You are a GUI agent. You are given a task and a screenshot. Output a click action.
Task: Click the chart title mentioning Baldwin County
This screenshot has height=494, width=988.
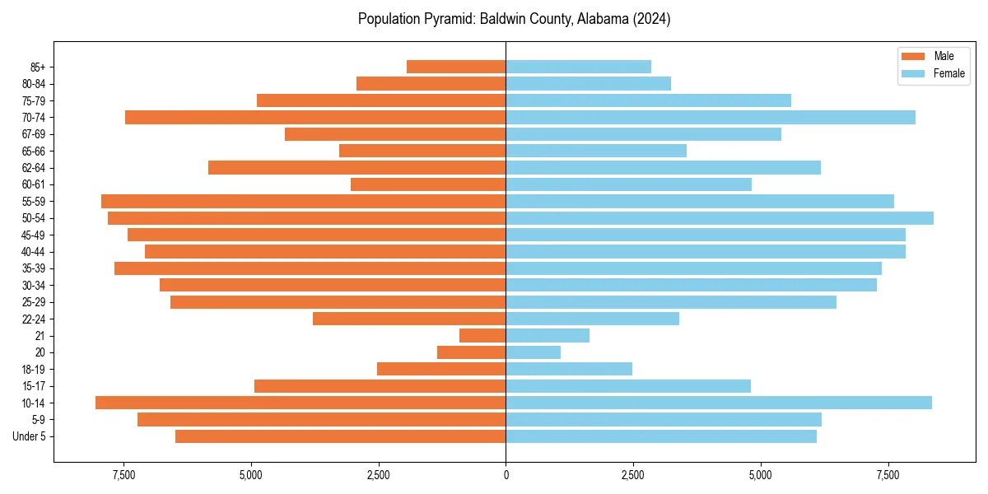[x=514, y=19]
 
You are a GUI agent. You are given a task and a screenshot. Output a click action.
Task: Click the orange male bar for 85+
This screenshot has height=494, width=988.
[x=456, y=67]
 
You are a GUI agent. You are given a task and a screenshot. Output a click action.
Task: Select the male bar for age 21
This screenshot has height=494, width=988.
[x=482, y=336]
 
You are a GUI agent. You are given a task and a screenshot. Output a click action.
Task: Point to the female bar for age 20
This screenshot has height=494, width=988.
[x=533, y=352]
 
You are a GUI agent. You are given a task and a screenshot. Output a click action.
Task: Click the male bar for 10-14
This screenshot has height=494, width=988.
[x=301, y=403]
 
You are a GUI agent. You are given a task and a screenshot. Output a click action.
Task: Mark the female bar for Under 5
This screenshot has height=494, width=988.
[x=660, y=436]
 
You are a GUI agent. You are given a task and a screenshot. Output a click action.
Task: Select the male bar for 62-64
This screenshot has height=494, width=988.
[x=357, y=168]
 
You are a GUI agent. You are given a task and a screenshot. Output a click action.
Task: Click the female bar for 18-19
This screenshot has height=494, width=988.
[x=569, y=369]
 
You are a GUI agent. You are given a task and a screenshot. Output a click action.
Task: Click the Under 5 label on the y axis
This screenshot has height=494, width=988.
[x=30, y=436]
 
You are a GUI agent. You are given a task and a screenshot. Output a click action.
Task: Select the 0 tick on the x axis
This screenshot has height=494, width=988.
[x=506, y=476]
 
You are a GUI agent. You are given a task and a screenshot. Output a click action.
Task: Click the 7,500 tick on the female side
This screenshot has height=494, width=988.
[x=888, y=476]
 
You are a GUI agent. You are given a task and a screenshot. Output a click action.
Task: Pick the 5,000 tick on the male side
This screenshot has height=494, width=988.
[x=251, y=476]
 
